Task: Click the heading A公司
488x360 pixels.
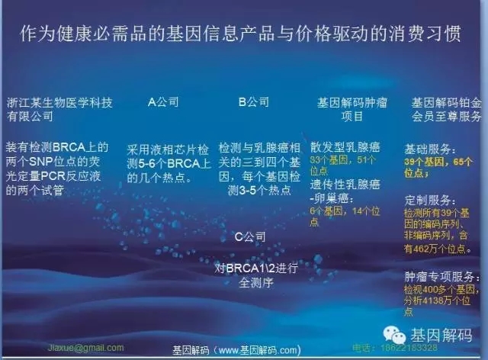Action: click(x=162, y=101)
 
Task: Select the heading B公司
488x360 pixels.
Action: click(x=254, y=101)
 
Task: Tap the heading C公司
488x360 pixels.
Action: click(x=249, y=237)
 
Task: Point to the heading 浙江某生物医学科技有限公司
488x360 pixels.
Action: click(x=59, y=109)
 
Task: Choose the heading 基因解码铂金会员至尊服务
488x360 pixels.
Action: click(x=446, y=109)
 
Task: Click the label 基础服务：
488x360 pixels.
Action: click(x=432, y=149)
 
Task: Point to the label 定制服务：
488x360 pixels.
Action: click(x=432, y=199)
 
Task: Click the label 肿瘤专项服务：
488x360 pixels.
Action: click(x=443, y=277)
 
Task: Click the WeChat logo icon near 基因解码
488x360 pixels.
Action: click(x=396, y=333)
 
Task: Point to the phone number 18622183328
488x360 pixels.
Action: click(x=411, y=347)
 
